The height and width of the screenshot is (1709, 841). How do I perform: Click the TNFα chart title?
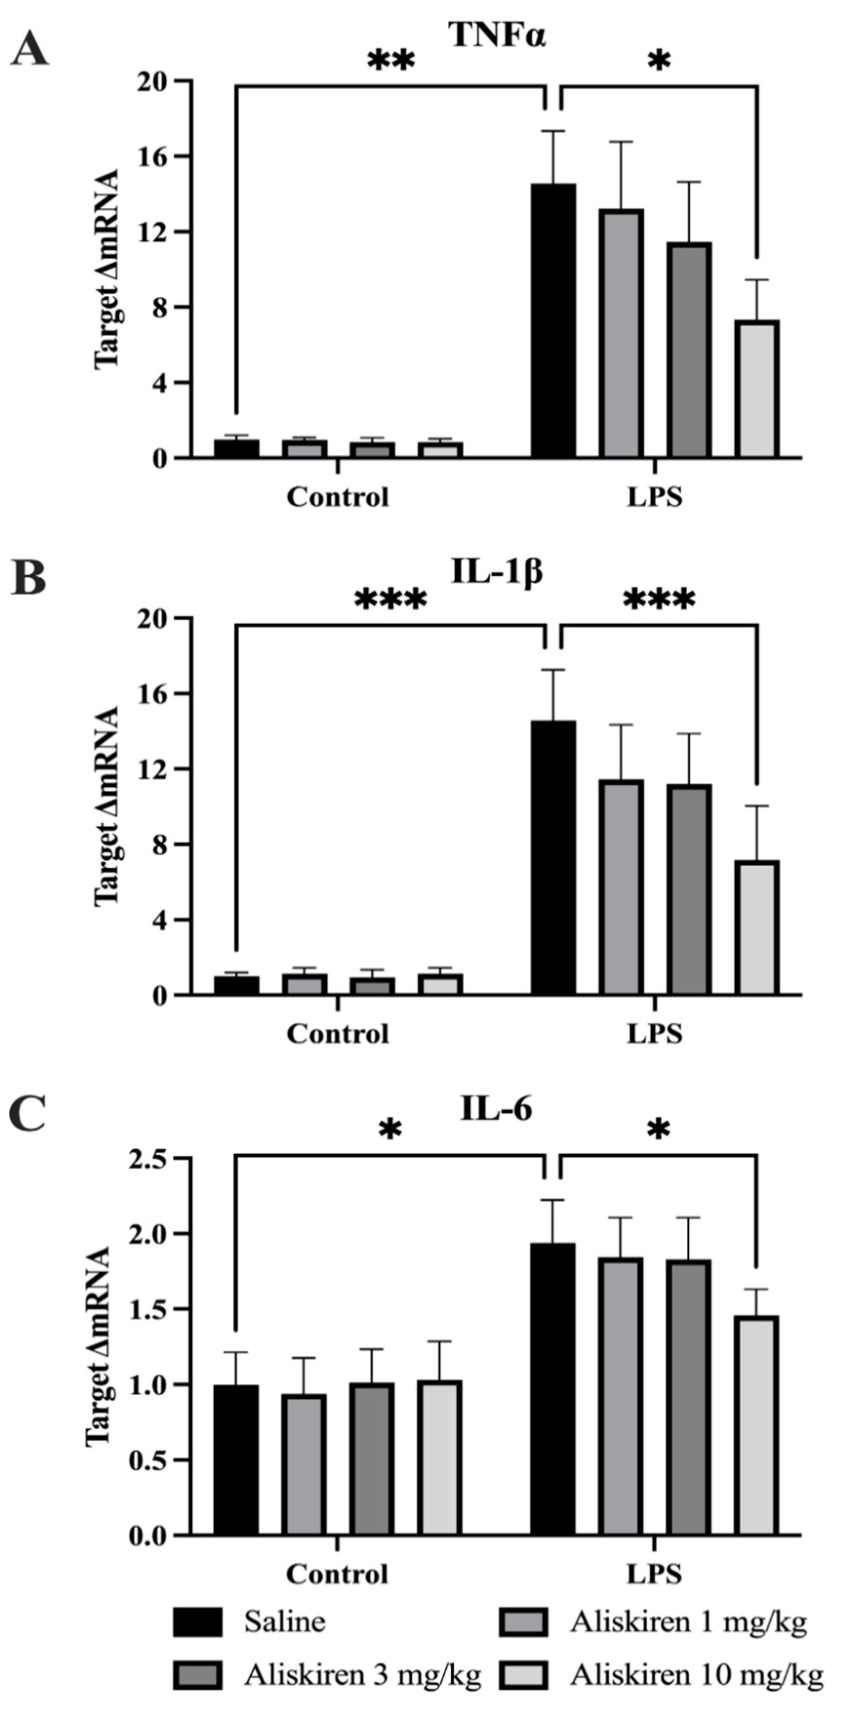click(498, 35)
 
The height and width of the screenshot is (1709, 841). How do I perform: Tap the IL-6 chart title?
click(496, 1109)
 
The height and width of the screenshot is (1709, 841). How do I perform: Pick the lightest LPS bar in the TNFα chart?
click(757, 389)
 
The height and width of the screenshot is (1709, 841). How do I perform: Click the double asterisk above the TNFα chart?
click(391, 61)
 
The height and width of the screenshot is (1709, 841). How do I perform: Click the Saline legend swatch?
click(197, 1622)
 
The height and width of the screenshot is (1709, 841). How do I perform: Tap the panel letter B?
click(28, 578)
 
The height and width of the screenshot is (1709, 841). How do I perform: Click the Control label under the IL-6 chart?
click(337, 1574)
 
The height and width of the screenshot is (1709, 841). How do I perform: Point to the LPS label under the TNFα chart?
click(655, 497)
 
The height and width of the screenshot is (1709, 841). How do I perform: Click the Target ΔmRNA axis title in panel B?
click(106, 806)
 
